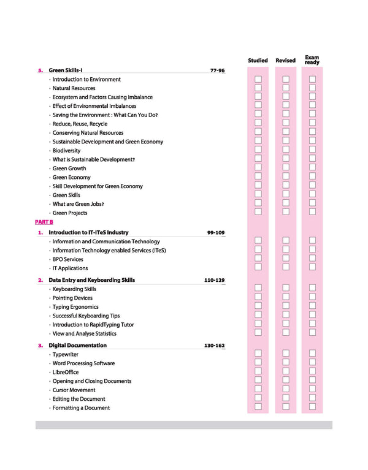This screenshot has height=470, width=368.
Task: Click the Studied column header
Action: (x=258, y=61)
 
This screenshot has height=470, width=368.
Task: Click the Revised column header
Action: (x=285, y=61)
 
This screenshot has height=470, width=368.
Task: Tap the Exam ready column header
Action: (x=312, y=60)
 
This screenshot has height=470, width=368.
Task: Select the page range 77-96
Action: (x=217, y=70)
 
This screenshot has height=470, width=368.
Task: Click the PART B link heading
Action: (x=44, y=222)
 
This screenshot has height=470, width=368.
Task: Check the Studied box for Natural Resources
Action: (x=258, y=88)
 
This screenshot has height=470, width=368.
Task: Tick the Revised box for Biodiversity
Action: (x=286, y=150)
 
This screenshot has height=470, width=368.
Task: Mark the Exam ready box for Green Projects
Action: (x=312, y=212)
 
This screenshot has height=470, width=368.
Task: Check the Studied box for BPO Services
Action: (x=258, y=258)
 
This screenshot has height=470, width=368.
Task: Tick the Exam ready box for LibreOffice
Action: (x=312, y=371)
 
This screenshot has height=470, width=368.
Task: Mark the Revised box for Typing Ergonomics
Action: (x=286, y=306)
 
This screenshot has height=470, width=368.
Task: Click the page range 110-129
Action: (x=214, y=280)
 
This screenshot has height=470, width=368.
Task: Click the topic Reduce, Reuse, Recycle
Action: (x=80, y=124)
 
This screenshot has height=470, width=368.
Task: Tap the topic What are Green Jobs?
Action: (x=78, y=204)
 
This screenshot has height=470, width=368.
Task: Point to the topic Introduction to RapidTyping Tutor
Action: (x=93, y=325)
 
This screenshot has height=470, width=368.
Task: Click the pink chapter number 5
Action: (x=40, y=70)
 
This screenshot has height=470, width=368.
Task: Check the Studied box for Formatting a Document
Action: (x=258, y=407)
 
